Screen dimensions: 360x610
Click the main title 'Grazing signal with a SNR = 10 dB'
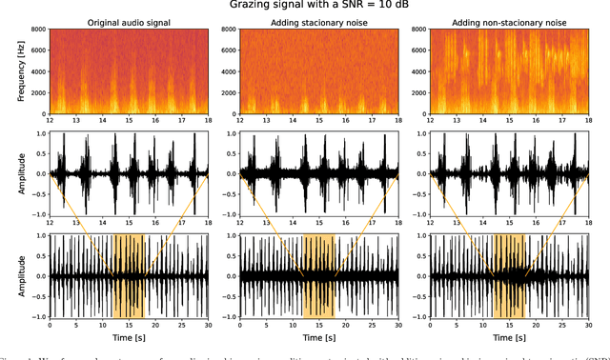click(325, 6)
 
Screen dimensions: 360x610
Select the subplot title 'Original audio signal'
click(129, 22)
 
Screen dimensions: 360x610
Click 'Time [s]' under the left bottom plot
click(129, 338)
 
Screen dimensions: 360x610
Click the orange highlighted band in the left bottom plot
click(129, 276)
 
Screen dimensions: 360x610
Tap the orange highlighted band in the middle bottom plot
click(318, 276)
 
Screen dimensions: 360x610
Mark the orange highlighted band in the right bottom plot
click(509, 276)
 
